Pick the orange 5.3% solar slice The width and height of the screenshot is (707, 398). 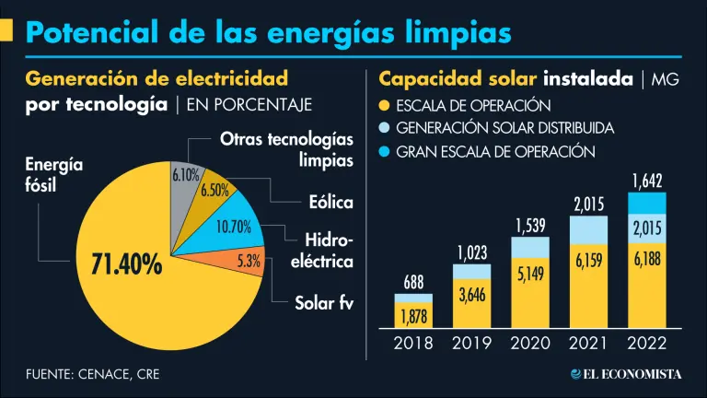click(247, 262)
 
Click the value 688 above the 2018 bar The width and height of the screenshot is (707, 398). click(413, 283)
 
